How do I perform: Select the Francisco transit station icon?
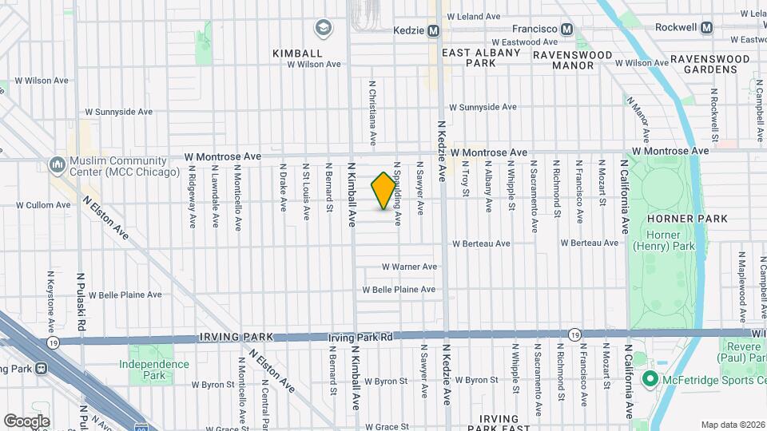[x=567, y=29]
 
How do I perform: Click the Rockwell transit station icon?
[x=706, y=28]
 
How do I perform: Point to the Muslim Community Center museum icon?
[x=57, y=164]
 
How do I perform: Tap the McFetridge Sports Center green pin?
[x=650, y=378]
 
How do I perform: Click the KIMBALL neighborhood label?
[x=296, y=53]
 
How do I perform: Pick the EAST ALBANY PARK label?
[x=481, y=57]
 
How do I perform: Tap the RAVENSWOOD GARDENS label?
[x=709, y=64]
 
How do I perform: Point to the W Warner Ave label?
[x=408, y=267]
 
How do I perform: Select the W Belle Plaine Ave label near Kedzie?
[x=399, y=290]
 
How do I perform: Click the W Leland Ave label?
[x=473, y=16]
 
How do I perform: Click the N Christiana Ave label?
[x=372, y=112]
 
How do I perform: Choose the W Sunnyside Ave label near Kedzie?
[x=483, y=107]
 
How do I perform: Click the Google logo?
[x=26, y=421]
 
